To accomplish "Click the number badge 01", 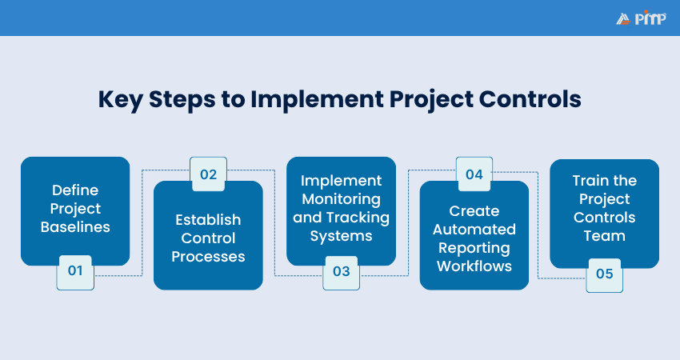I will [x=75, y=270].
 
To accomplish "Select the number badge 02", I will [x=208, y=175].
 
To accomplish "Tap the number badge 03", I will [x=342, y=270].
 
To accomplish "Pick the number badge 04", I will [x=474, y=175].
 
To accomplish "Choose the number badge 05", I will [x=604, y=274].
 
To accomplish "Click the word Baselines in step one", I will [x=75, y=227].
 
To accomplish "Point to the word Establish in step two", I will [x=208, y=219].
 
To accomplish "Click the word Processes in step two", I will [x=208, y=257].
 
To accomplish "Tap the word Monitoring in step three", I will [x=342, y=198].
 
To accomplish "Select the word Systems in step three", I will [x=342, y=236].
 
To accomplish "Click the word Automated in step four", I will [x=474, y=230].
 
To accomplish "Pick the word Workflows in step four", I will [x=474, y=266].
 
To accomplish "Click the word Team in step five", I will [x=604, y=236].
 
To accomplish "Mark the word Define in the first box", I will [x=75, y=190].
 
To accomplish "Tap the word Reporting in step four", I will [x=474, y=248].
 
